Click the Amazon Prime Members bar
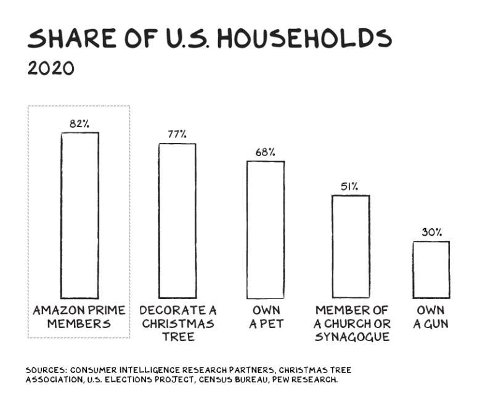click(x=79, y=215)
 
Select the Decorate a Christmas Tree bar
click(x=177, y=221)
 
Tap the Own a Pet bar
click(x=266, y=229)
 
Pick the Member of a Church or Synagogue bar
click(x=351, y=247)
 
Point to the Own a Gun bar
click(x=431, y=269)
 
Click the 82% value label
click(x=79, y=124)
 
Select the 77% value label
click(x=177, y=134)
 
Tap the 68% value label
click(x=266, y=152)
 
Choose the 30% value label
click(x=431, y=232)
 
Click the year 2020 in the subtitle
click(x=51, y=68)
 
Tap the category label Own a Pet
click(x=266, y=317)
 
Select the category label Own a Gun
click(x=431, y=317)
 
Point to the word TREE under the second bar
click(x=178, y=337)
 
